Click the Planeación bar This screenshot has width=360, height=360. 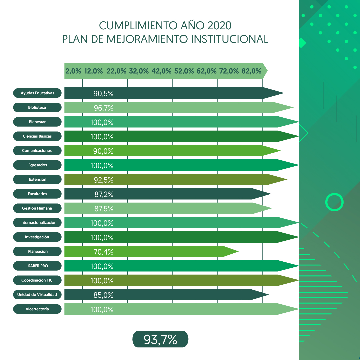pos(152,251)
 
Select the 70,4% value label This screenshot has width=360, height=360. pos(103,252)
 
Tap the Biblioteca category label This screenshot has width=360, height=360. pos(37,107)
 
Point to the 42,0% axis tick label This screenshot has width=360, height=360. pos(161,71)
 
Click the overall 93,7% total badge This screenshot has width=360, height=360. pos(160,339)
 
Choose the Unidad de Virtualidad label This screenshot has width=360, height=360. pos(37,295)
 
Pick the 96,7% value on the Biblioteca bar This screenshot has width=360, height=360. pos(104,108)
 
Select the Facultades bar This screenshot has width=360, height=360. pos(168,194)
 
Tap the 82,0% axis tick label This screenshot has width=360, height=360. pos(251,71)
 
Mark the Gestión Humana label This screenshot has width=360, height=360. pos(37,208)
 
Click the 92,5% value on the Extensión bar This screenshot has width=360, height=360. pos(104,180)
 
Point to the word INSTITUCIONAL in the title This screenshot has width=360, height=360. pos(230,39)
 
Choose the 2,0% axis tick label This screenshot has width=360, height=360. pos(73,71)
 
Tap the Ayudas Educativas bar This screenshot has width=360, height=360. pos(174,93)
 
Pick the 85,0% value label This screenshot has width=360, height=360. pos(103,295)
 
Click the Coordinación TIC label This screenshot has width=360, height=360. pos(37,280)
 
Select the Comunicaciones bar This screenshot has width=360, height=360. pos(172,151)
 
